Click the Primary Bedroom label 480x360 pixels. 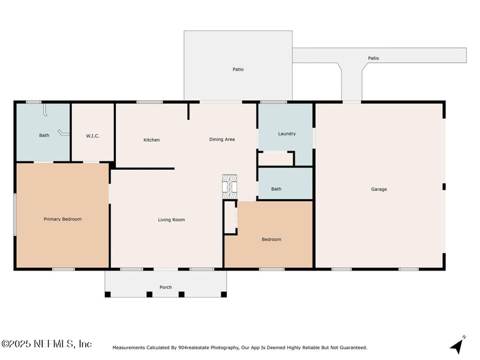[x=62, y=219]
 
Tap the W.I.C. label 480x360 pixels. [x=92, y=136]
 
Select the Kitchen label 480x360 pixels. [x=152, y=140]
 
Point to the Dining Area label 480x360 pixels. [x=222, y=139]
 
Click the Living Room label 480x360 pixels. [x=172, y=220]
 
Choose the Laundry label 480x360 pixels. [x=287, y=134]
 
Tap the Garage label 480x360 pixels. [x=379, y=189]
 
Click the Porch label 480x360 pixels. [x=166, y=287]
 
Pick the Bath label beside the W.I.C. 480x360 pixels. [x=44, y=136]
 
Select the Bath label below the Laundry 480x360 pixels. [x=276, y=189]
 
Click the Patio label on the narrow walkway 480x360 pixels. [x=373, y=58]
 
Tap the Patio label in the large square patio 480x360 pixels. [x=238, y=70]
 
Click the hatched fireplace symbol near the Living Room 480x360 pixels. [x=229, y=187]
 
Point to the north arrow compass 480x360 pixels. [x=457, y=346]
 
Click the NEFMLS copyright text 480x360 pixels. [x=47, y=344]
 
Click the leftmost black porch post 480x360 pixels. [x=108, y=295]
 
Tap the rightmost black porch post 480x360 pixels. [x=224, y=295]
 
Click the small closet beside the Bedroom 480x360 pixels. [x=230, y=217]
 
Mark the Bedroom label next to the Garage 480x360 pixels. [x=272, y=239]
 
